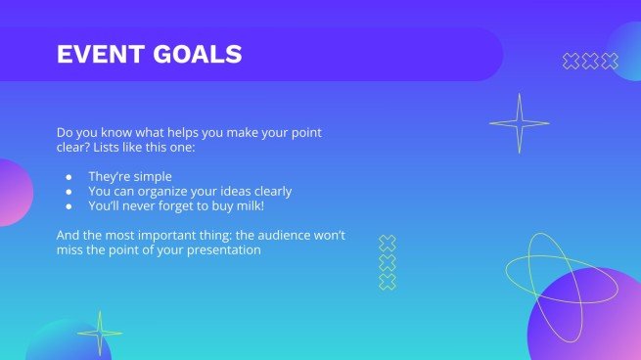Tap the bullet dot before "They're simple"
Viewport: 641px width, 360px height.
tap(69, 177)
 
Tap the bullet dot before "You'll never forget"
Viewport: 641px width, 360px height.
tap(69, 206)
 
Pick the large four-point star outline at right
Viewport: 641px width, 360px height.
tap(519, 123)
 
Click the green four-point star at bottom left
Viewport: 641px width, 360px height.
tap(100, 333)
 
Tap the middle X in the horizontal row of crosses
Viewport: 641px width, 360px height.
tap(590, 62)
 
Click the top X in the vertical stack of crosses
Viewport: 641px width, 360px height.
tap(387, 244)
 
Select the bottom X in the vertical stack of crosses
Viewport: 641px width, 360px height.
tap(387, 282)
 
